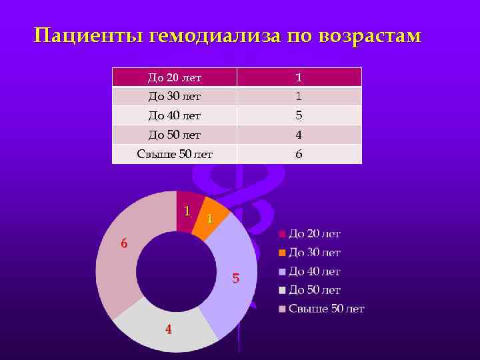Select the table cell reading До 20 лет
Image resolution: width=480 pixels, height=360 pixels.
point(174,77)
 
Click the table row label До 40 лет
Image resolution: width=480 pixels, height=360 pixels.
point(174,115)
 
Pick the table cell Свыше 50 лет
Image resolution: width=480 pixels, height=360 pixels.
point(174,154)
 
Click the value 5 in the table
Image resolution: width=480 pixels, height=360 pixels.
point(299,115)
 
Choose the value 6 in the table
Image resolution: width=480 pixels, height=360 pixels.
point(299,154)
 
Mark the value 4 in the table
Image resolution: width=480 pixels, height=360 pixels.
point(299,135)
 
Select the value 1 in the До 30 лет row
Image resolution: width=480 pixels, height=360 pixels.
point(299,96)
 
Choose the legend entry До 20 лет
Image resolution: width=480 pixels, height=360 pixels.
point(314,234)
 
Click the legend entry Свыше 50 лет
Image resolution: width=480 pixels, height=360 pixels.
point(326,309)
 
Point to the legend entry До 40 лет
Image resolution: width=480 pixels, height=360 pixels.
point(314,271)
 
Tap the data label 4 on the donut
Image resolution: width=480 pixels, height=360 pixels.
point(169,329)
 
